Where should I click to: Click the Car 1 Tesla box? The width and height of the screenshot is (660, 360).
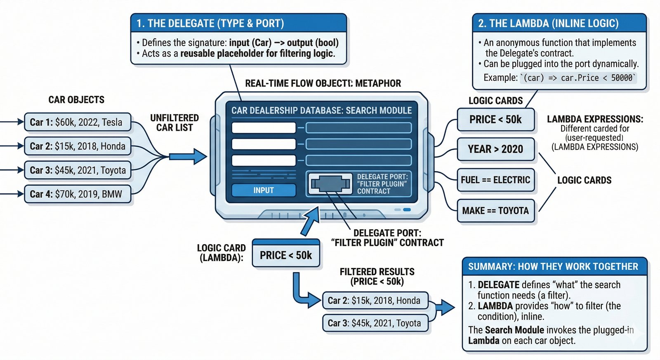pyautogui.click(x=78, y=122)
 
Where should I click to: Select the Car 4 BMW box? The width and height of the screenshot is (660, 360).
pyautogui.click(x=78, y=194)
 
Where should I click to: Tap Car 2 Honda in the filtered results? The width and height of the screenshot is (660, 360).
pyautogui.click(x=375, y=301)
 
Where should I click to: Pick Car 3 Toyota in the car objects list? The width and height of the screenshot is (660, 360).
pyautogui.click(x=78, y=170)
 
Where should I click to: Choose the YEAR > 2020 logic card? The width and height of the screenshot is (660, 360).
pyautogui.click(x=495, y=149)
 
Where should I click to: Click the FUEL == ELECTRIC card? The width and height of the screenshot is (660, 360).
pyautogui.click(x=495, y=180)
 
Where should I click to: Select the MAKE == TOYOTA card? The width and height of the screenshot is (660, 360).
pyautogui.click(x=495, y=211)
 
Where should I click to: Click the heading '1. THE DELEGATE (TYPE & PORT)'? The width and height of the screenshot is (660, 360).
pyautogui.click(x=210, y=24)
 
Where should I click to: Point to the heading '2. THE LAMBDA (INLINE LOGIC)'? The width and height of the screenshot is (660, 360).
pyautogui.click(x=548, y=24)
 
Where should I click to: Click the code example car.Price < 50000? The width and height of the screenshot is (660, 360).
pyautogui.click(x=577, y=78)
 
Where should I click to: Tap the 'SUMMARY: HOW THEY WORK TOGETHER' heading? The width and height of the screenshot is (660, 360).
pyautogui.click(x=553, y=267)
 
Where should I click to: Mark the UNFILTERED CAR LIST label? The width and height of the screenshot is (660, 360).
pyautogui.click(x=174, y=123)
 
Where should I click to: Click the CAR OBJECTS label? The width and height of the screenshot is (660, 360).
pyautogui.click(x=76, y=100)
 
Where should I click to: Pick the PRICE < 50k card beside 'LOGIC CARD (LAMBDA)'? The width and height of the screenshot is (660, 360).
pyautogui.click(x=286, y=256)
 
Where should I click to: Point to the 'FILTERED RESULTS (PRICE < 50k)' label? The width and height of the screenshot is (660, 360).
pyautogui.click(x=377, y=277)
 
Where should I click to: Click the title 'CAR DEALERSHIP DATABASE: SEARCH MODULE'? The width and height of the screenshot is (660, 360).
pyautogui.click(x=321, y=111)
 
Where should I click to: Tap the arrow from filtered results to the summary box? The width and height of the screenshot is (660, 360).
pyautogui.click(x=445, y=307)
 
